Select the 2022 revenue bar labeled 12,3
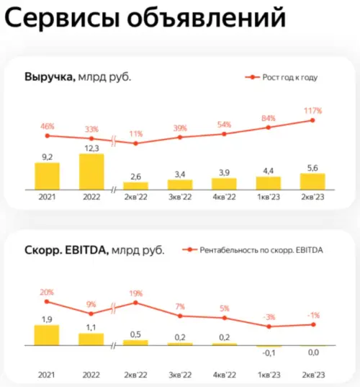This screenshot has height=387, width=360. tap(91, 171)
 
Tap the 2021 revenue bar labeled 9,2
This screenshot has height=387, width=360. tap(47, 175)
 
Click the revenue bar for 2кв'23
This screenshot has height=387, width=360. tap(313, 180)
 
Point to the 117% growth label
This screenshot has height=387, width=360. tap(313, 111)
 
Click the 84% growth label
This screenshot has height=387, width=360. tap(269, 118)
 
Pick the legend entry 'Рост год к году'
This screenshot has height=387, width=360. tap(282, 77)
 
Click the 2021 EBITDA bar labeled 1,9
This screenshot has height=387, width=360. tap(47, 335)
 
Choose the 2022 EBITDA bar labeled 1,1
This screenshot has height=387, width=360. tap(91, 339)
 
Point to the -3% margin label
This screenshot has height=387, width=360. tap(269, 317)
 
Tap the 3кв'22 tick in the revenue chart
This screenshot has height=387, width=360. tap(180, 196)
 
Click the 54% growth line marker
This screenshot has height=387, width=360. tap(225, 133)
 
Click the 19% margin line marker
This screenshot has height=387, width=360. tap(136, 303)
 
